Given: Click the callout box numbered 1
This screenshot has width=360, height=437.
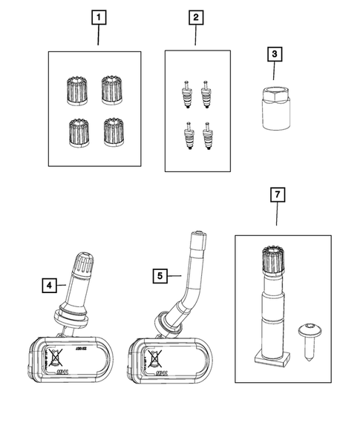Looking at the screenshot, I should tap(99, 15).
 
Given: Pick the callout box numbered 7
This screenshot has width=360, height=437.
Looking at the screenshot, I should tap(276, 196).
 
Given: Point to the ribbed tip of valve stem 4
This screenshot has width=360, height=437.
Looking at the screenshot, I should tap(82, 263).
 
